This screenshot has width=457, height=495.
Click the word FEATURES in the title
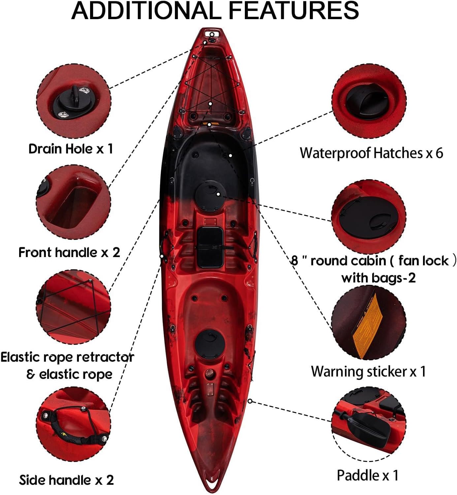pos(294,11)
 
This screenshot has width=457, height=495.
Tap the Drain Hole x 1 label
pos(71,149)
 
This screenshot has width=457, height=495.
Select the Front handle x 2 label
pos(69,252)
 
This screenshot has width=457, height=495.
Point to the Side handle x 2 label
pos(66,480)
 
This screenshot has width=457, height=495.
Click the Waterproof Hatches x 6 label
pos(371,153)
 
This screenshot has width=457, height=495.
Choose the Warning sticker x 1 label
pos(368,372)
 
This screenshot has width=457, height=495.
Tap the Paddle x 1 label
pos(368,476)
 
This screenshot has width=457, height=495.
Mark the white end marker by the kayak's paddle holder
pos(250,401)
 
